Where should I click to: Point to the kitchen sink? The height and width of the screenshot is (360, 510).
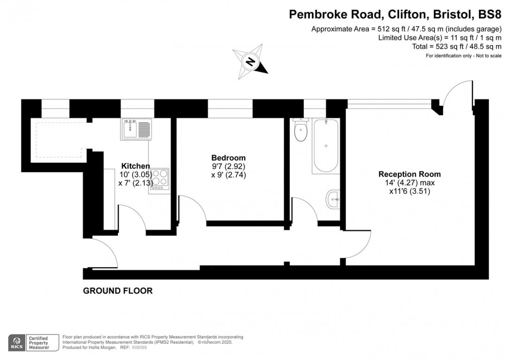click(x=136, y=129)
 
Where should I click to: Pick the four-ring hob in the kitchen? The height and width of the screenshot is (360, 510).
click(x=159, y=178)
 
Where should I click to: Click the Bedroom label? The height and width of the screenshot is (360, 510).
click(x=228, y=158)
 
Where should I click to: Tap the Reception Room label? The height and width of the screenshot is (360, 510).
click(x=409, y=174)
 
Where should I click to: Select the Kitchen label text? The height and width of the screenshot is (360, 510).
click(x=135, y=166)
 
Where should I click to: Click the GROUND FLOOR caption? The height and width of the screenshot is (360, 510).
click(x=118, y=291)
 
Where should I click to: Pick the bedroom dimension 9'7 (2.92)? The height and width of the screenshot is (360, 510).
click(x=228, y=166)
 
